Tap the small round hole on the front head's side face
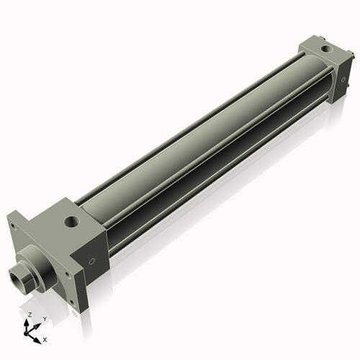click(x=91, y=261)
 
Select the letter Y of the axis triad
click(x=45, y=318)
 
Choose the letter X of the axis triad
click(x=45, y=338)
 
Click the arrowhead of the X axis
click(x=39, y=336)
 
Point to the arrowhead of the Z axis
click(x=29, y=322)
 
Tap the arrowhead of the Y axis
click(x=38, y=324)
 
